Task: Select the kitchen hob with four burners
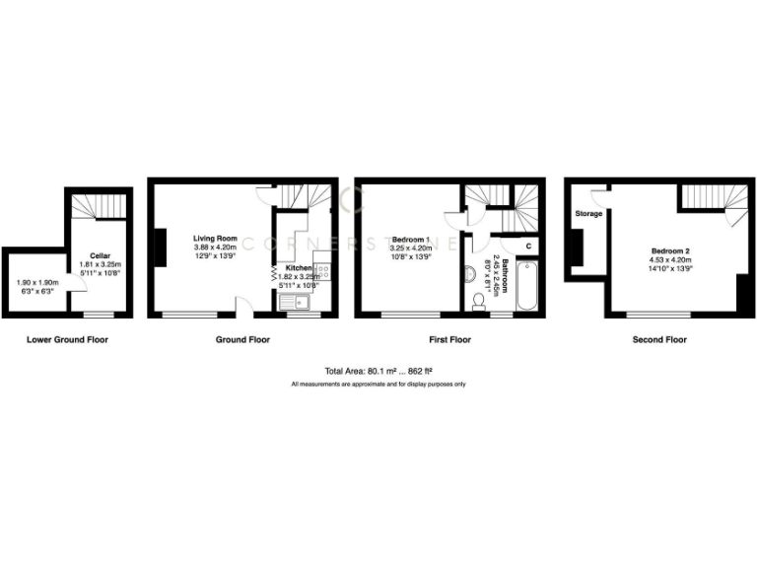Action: point(320,272)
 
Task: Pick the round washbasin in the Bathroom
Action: point(469,271)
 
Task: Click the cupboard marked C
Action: point(528,245)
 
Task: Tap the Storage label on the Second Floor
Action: point(589,213)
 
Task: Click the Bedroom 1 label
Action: point(411,240)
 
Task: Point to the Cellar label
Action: point(100,255)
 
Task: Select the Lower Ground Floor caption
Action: point(68,339)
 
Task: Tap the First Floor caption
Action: point(449,339)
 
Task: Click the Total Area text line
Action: point(378,371)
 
